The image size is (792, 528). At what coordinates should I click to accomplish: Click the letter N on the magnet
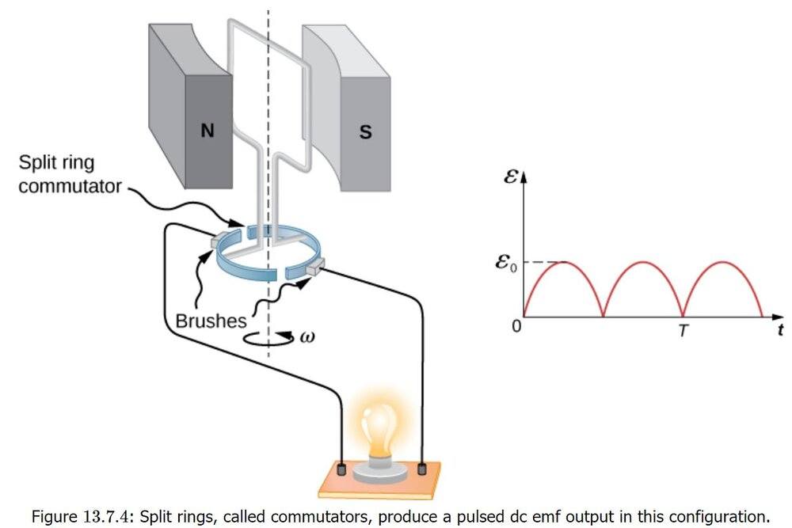[207, 131]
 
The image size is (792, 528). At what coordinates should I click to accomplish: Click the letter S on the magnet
[365, 132]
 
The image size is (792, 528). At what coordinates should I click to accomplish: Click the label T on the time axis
[683, 331]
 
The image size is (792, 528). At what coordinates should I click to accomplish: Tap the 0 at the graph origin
[517, 325]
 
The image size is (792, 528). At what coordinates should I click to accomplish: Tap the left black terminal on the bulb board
[341, 469]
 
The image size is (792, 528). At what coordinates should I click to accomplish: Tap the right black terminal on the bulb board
[423, 469]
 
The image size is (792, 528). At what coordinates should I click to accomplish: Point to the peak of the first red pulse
[563, 262]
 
